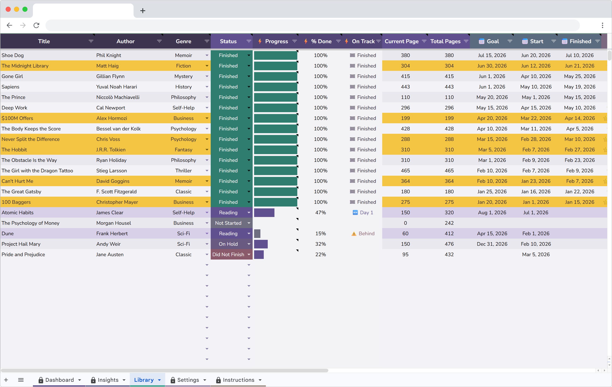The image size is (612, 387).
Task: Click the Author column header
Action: (x=125, y=41)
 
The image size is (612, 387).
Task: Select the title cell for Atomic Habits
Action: (x=18, y=212)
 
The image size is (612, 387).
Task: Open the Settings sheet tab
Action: (x=188, y=380)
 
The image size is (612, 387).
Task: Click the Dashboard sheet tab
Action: (x=60, y=380)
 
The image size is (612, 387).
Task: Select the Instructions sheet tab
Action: (x=238, y=380)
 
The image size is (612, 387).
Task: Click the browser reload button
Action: (x=36, y=25)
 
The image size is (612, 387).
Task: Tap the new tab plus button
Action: (x=143, y=11)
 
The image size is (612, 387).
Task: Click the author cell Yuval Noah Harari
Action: (x=116, y=87)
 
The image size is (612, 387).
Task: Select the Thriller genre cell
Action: (x=183, y=170)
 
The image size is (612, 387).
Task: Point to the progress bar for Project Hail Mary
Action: (x=261, y=244)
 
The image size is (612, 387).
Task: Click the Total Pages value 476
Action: (x=449, y=244)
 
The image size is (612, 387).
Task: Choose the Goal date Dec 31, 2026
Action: (x=492, y=244)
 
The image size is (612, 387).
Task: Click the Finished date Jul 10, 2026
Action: (x=579, y=55)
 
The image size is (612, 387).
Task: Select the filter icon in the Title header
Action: (x=91, y=41)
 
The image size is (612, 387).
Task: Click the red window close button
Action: (x=8, y=9)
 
